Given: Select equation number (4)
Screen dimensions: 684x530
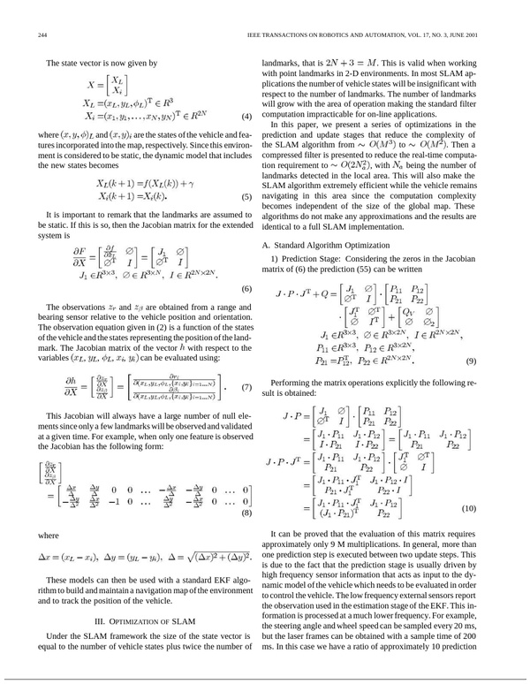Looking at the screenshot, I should [x=248, y=118].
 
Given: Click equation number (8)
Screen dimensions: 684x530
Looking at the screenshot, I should [x=248, y=512].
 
